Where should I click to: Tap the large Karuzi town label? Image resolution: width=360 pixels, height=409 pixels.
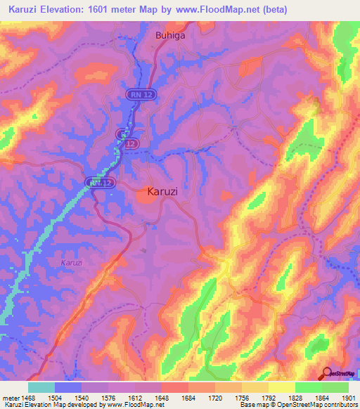167,190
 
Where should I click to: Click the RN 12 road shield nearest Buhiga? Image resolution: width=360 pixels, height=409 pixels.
139,93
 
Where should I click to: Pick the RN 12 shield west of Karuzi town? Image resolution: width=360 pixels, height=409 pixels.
99,182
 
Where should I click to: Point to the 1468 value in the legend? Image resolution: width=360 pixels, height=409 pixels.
29,398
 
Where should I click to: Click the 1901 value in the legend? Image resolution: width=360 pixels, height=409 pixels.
348,398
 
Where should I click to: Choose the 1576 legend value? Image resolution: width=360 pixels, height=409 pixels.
109,398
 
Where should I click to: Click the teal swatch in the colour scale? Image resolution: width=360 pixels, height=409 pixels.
41,387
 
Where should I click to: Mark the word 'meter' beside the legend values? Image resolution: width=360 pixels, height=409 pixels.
11,398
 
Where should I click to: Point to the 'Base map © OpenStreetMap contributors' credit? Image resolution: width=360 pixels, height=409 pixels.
297,405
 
